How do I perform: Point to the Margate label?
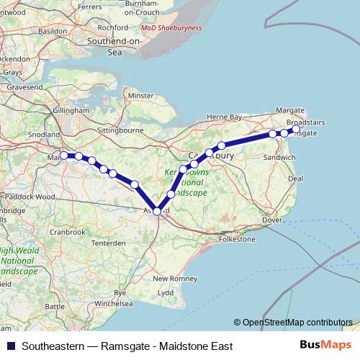291,110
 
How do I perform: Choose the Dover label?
271,220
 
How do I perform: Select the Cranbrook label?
68,232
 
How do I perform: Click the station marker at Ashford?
158,210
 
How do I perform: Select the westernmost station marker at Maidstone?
64,155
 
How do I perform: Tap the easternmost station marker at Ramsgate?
296,129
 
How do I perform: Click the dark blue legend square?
10,346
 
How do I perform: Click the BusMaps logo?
325,346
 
